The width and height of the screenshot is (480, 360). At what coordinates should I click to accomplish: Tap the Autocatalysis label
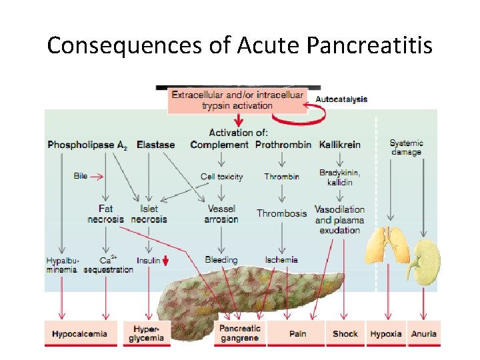tap(341, 99)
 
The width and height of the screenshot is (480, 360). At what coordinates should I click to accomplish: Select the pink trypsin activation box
tap(237, 100)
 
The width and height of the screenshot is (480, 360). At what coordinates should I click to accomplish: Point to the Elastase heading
tap(155, 144)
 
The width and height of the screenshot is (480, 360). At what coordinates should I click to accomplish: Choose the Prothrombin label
tap(283, 144)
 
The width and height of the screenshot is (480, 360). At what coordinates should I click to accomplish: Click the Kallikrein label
tap(340, 144)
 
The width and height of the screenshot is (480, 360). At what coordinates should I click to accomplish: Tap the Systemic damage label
tap(406, 147)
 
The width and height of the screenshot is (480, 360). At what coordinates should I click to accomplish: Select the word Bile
tap(81, 177)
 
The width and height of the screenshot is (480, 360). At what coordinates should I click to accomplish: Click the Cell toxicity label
tap(221, 177)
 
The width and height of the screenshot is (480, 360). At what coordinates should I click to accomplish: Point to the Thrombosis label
tap(282, 213)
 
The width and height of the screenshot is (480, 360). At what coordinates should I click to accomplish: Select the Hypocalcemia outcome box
tap(80, 334)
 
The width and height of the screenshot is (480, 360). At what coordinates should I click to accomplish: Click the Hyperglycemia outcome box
tap(146, 333)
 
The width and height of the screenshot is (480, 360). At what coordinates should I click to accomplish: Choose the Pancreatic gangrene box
tap(240, 333)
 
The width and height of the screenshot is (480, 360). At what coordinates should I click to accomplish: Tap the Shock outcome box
tap(345, 333)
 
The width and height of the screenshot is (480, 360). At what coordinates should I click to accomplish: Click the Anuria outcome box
tap(423, 333)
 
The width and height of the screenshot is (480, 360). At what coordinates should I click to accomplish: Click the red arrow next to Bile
tap(97, 177)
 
